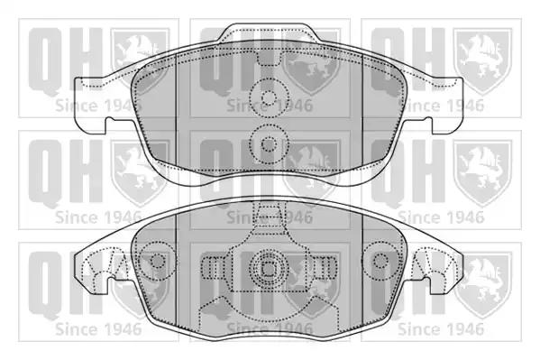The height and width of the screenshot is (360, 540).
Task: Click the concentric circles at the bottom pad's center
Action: point(269,268)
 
